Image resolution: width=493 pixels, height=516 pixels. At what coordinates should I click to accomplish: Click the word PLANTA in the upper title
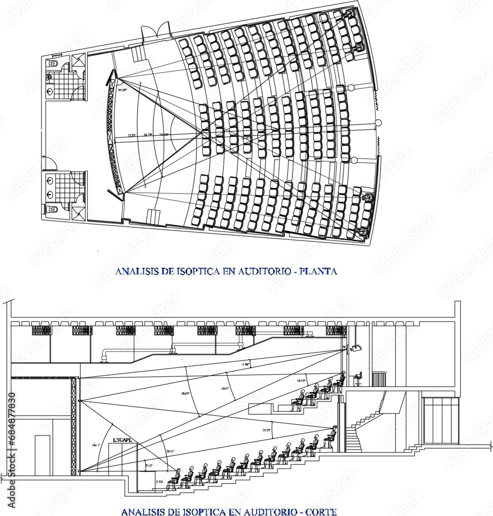click(x=319, y=270)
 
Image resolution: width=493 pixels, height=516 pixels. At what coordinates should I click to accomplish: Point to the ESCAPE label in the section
click(x=122, y=440)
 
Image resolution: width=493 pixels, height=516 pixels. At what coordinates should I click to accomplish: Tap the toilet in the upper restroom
click(x=53, y=63)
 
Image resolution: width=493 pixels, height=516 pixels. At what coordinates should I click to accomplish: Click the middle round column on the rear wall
click(x=378, y=123)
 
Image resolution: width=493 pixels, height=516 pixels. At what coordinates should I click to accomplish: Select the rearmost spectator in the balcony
click(x=339, y=380)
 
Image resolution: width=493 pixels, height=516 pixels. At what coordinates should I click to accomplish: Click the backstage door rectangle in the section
click(x=42, y=454)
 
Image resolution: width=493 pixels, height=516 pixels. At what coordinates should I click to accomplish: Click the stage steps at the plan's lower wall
click(x=153, y=217)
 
